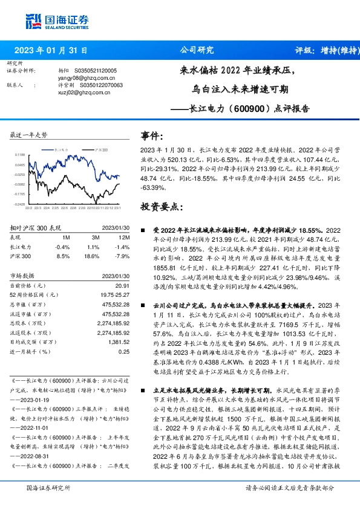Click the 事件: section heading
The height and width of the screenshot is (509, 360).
(x=152, y=136)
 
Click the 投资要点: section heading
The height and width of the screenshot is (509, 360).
(x=161, y=207)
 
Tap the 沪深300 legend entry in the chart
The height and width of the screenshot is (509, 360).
(x=101, y=148)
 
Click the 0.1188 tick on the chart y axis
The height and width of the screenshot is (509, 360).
(x=20, y=155)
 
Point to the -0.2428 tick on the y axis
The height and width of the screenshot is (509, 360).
(x=20, y=204)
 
